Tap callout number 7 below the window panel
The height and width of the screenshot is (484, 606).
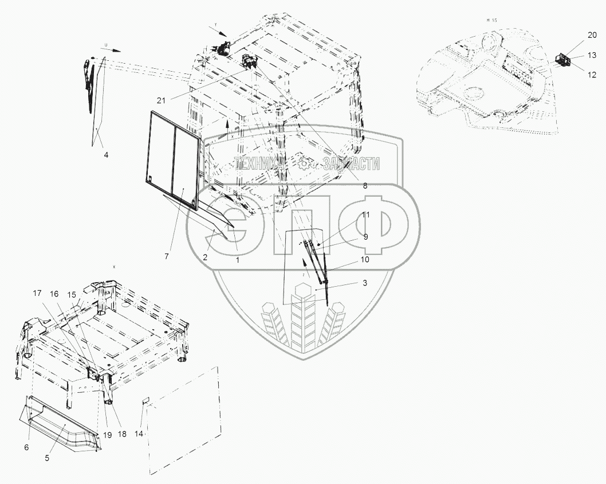click(x=166, y=256)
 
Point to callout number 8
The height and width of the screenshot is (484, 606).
click(x=365, y=185)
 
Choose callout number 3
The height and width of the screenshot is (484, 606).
click(x=365, y=283)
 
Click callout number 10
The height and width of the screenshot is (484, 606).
click(x=365, y=260)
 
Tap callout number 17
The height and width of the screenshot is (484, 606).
click(x=37, y=294)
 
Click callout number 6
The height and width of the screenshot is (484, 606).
click(x=25, y=447)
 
